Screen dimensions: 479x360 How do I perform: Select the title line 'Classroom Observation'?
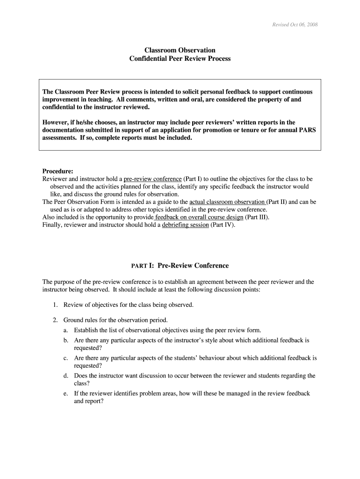pyautogui.click(x=180, y=50)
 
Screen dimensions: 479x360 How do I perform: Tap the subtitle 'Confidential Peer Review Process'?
pyautogui.click(x=180, y=59)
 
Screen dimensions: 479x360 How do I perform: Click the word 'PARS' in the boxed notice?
pyautogui.click(x=306, y=130)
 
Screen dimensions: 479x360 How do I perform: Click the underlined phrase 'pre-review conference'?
pyautogui.click(x=152, y=179)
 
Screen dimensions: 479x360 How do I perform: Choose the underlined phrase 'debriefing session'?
pyautogui.click(x=185, y=225)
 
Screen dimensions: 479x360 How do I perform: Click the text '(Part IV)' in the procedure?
pyautogui.click(x=223, y=225)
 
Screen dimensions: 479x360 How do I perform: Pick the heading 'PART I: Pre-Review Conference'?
pyautogui.click(x=180, y=266)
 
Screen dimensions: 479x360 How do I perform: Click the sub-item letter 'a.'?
pyautogui.click(x=66, y=330)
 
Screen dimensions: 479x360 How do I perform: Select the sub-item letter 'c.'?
pyautogui.click(x=66, y=358)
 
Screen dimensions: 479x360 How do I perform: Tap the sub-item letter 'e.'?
pyautogui.click(x=66, y=393)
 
